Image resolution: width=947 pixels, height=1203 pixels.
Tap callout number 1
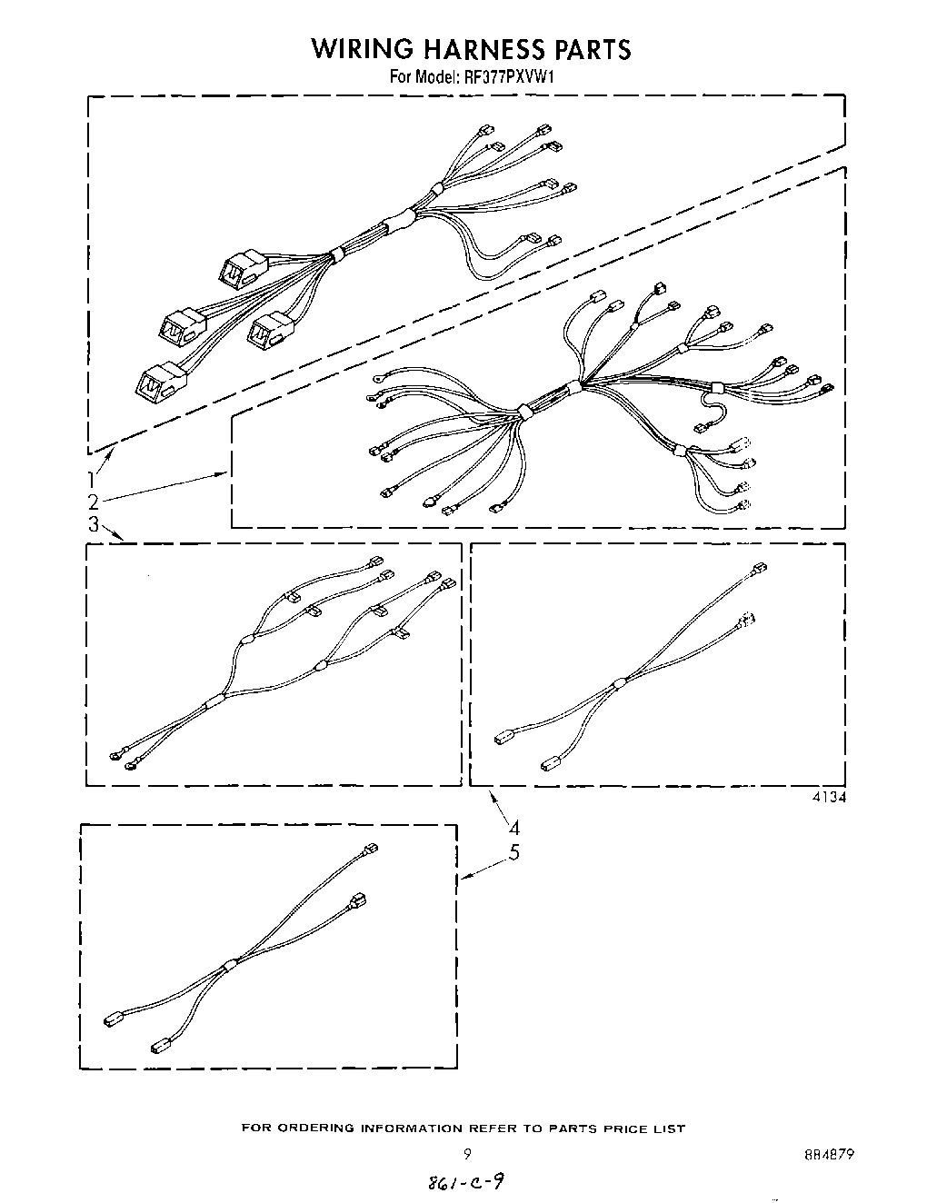(x=93, y=480)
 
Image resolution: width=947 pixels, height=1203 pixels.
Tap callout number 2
(x=93, y=502)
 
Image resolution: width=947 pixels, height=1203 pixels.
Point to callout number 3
(x=93, y=524)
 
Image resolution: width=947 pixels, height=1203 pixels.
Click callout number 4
(x=514, y=828)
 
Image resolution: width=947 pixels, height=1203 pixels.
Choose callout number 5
(x=514, y=852)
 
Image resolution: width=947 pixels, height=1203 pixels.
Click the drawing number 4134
(x=828, y=798)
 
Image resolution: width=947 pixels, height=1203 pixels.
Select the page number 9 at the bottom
(x=467, y=1155)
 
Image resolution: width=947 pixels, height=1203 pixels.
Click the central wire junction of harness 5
(x=228, y=963)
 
